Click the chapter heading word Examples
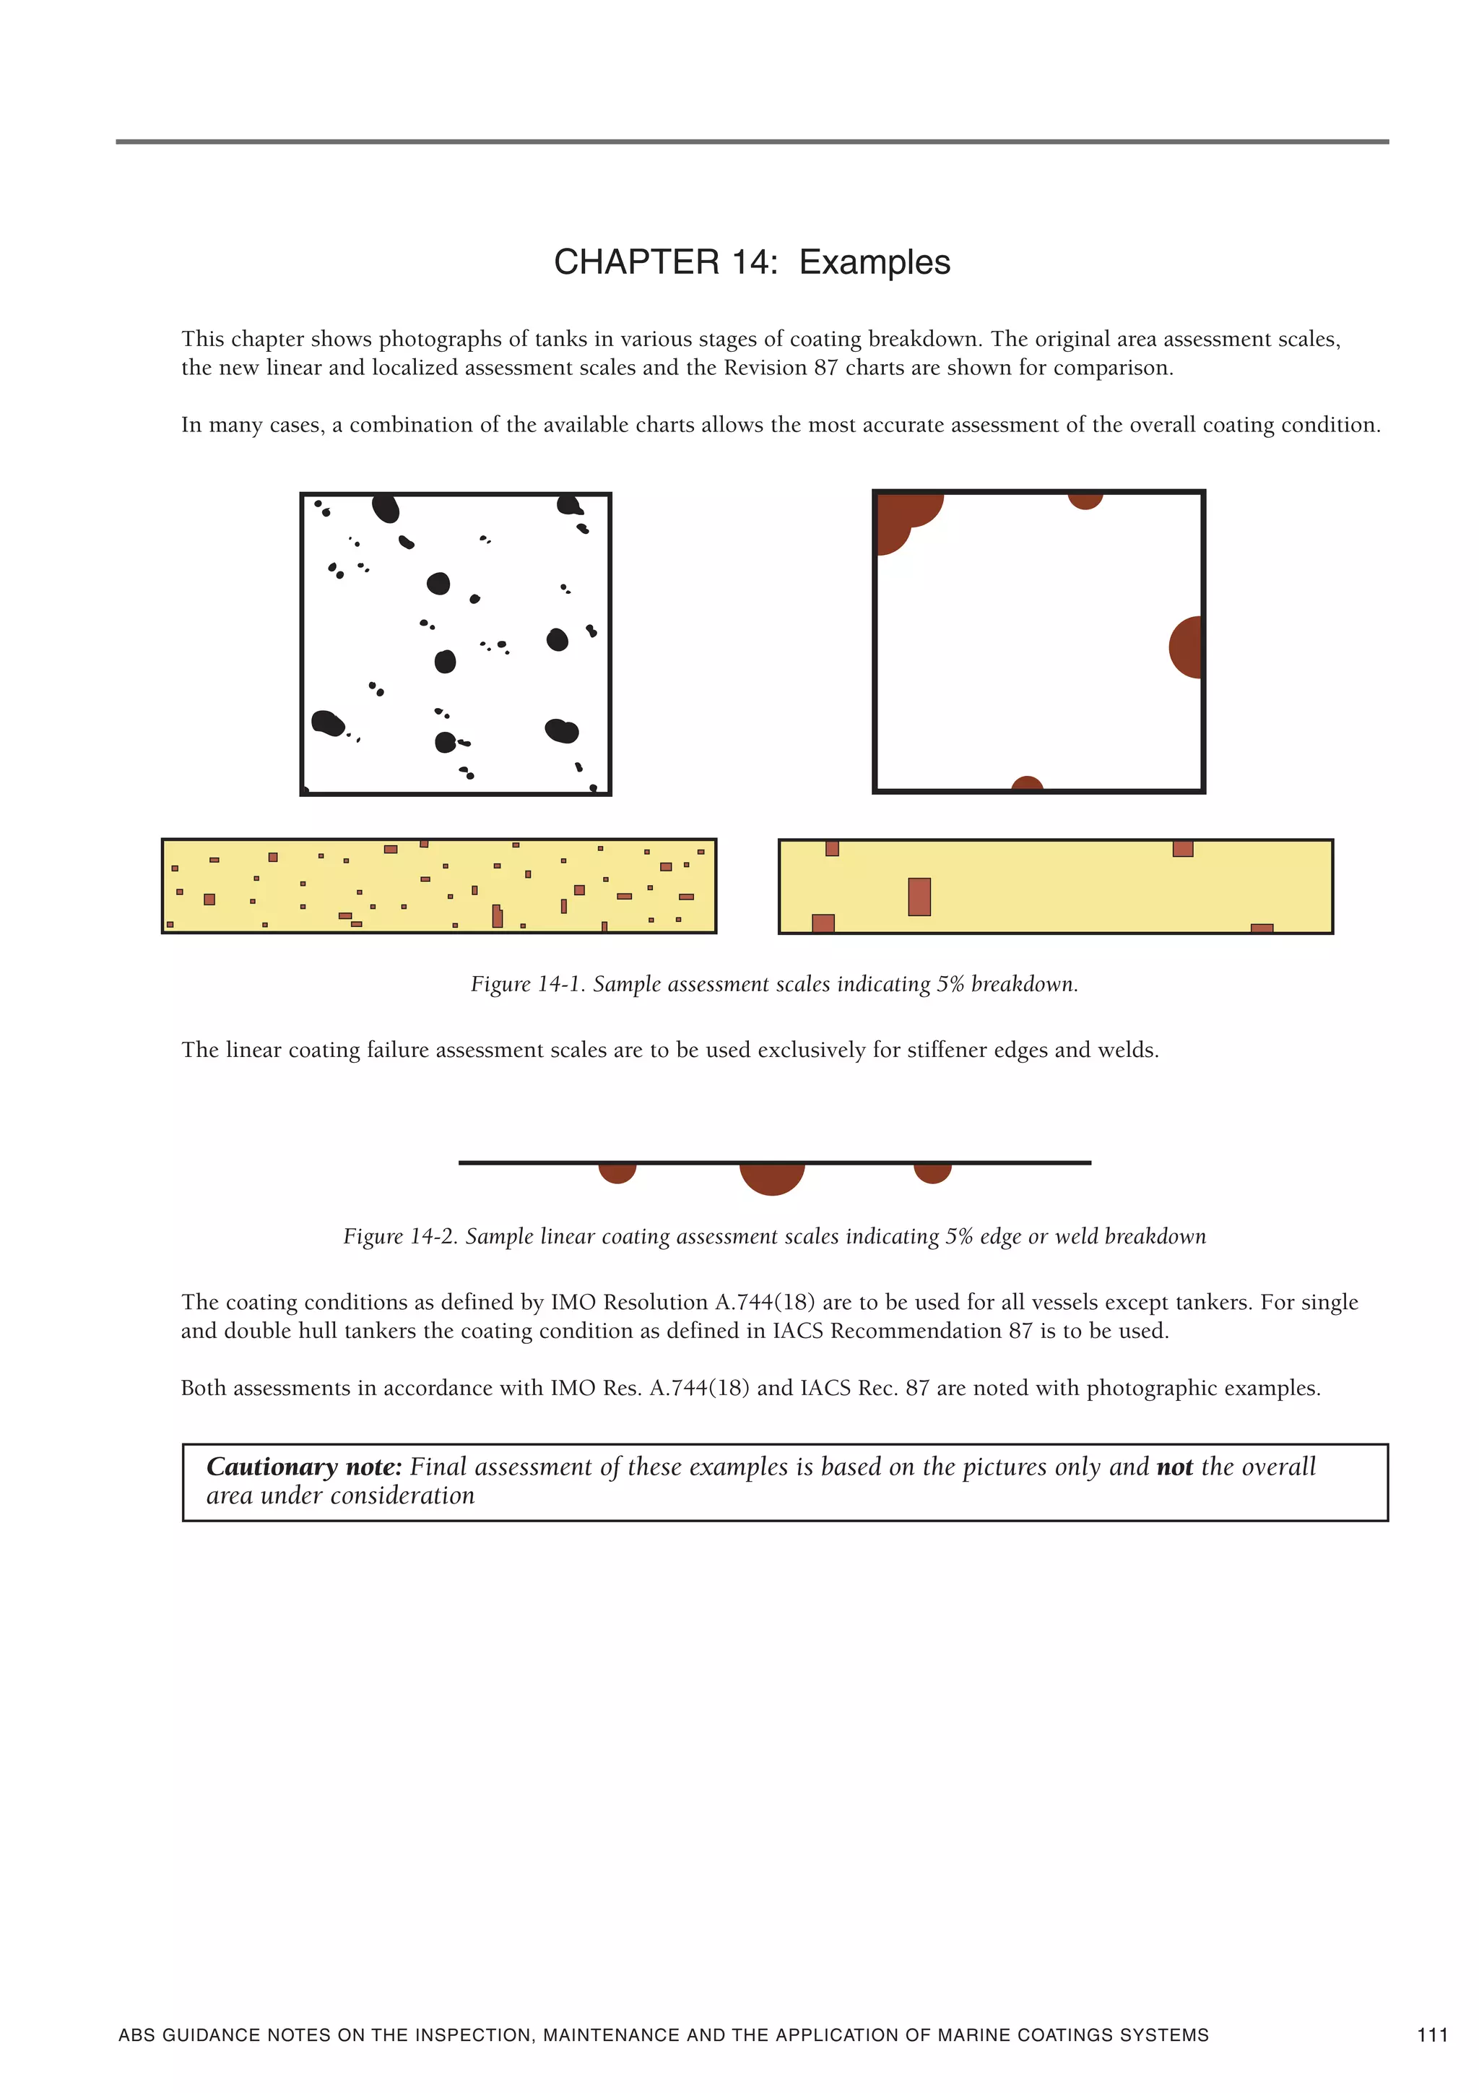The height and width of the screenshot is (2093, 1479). coord(874,262)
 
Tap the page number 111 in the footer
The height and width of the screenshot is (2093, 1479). coord(1431,2034)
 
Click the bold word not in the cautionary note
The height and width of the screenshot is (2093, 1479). coord(1174,1467)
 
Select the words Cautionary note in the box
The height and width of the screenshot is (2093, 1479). coord(303,1467)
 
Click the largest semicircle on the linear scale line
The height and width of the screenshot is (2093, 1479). coord(772,1177)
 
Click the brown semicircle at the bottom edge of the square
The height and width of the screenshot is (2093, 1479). coord(1027,784)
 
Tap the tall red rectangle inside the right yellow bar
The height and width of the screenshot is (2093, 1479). coord(919,896)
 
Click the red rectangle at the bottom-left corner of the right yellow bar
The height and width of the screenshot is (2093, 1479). coord(823,923)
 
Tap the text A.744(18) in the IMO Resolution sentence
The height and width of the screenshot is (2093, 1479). coord(763,1303)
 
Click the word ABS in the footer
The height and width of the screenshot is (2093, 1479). coord(136,2034)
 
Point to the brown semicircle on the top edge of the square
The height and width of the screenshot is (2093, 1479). coord(1085,499)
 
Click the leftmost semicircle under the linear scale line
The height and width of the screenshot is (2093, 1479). coord(617,1173)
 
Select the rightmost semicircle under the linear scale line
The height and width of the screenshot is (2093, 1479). coord(932,1173)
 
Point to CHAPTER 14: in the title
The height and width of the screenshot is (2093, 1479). coord(665,262)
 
